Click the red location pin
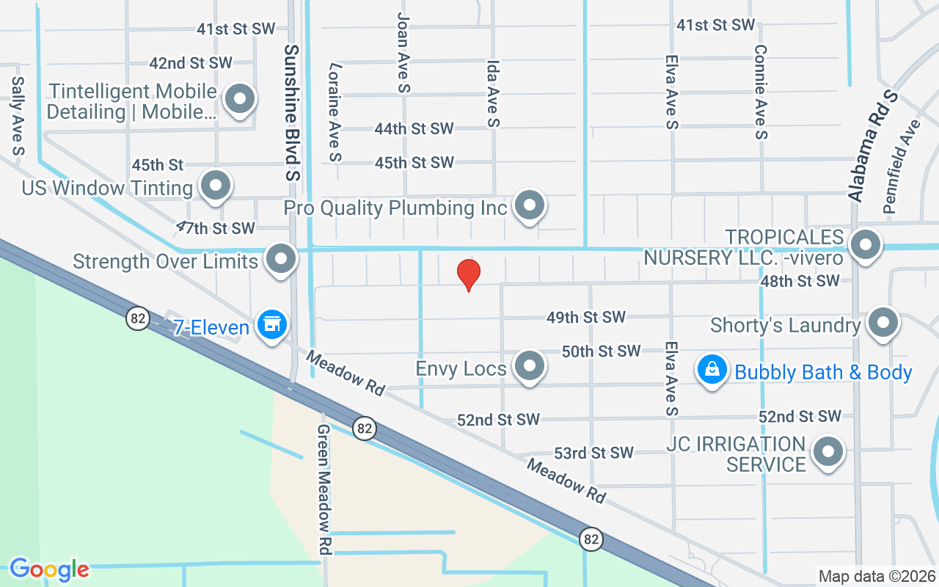coord(469,274)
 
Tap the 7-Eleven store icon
coord(272,324)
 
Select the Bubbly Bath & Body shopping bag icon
coord(712,369)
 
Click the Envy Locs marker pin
coord(528,365)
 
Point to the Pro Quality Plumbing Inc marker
coord(529,205)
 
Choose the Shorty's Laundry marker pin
coord(883,322)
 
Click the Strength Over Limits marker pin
coord(281,258)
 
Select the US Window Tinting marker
coord(216,185)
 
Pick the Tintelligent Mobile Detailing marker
coord(239,99)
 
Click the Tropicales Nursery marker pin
coord(866,244)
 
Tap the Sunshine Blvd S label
coord(292,112)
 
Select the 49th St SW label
coord(585,317)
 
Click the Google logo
coord(49,569)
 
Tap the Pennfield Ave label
coord(902,167)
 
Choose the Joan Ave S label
coord(403,51)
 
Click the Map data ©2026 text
coord(877,576)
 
